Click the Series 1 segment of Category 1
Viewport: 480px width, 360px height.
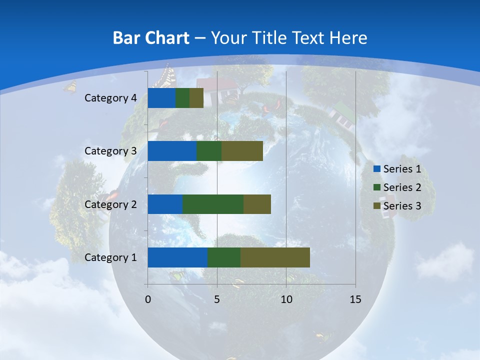pos(177,257)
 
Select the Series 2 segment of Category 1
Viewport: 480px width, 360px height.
pos(224,257)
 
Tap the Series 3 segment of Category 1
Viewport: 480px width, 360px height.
pos(275,257)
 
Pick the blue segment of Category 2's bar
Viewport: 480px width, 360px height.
pos(165,204)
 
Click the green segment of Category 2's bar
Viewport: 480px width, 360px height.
pos(213,204)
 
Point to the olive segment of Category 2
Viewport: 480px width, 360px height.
pos(257,204)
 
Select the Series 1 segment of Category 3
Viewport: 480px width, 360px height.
pos(172,151)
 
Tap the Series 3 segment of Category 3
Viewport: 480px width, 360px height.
pos(242,151)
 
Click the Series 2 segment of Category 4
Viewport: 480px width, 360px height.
pos(182,98)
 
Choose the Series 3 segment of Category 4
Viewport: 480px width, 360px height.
pos(196,98)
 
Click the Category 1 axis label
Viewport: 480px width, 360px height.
pos(110,257)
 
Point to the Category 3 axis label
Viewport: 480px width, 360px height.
pos(110,151)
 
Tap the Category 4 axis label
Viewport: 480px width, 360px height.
pos(110,98)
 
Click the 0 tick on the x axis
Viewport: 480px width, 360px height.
pos(148,299)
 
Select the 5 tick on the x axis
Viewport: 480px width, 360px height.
pos(217,299)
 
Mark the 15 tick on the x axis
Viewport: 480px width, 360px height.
pos(355,299)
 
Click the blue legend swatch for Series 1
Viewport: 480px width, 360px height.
pos(376,169)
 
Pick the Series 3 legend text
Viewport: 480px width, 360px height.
pos(402,205)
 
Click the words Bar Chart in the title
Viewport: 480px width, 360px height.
pos(151,38)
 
